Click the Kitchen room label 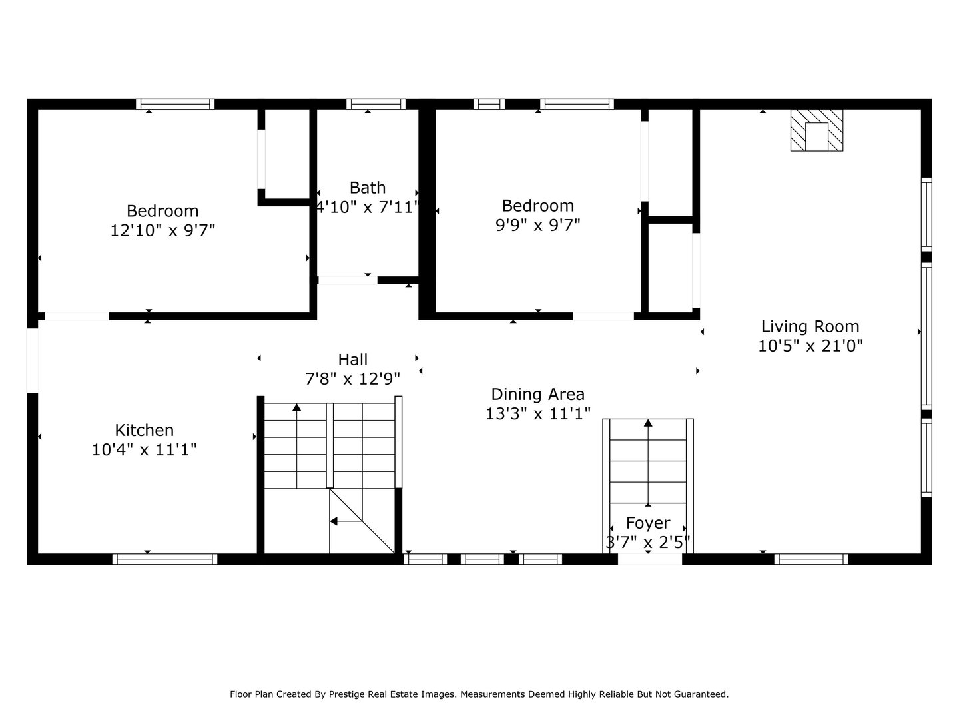pyautogui.click(x=145, y=430)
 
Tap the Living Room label pyautogui.click(x=810, y=326)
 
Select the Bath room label pyautogui.click(x=368, y=188)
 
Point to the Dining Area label pyautogui.click(x=537, y=394)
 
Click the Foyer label pyautogui.click(x=647, y=523)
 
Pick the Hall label pyautogui.click(x=352, y=359)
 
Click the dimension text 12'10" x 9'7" pyautogui.click(x=162, y=230)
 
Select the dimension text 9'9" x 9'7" pyautogui.click(x=537, y=225)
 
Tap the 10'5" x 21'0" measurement pyautogui.click(x=810, y=346)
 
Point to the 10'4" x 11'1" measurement pyautogui.click(x=145, y=450)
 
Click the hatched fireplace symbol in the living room pyautogui.click(x=816, y=130)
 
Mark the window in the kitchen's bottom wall pyautogui.click(x=164, y=559)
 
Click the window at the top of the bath pyautogui.click(x=376, y=104)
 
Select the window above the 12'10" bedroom pyautogui.click(x=175, y=104)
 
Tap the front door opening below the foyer pyautogui.click(x=649, y=559)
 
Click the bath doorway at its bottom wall pyautogui.click(x=347, y=280)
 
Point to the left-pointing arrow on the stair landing pyautogui.click(x=335, y=521)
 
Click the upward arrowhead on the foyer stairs pyautogui.click(x=648, y=423)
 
